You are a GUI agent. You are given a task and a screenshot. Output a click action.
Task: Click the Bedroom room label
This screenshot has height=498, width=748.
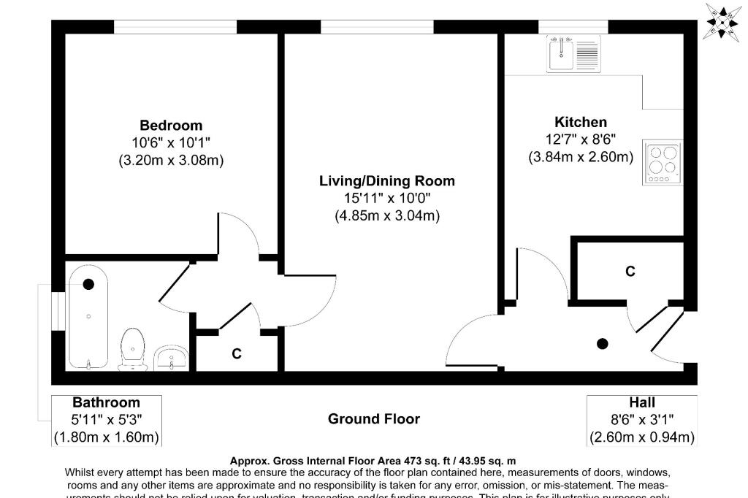click(171, 126)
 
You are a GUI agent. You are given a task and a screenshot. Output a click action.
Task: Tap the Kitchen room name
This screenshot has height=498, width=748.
click(581, 122)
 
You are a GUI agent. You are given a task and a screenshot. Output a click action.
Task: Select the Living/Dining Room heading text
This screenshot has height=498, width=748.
click(387, 181)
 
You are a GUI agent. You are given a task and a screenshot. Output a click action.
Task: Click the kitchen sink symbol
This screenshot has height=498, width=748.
click(574, 53)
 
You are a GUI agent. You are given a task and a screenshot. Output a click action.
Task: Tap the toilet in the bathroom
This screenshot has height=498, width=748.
click(132, 349)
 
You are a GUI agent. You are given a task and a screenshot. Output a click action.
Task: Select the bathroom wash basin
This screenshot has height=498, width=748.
click(172, 357)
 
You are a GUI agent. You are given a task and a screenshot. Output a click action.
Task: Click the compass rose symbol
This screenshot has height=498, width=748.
click(722, 22)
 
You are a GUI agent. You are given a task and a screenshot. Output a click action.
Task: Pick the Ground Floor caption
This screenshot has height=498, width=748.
click(373, 419)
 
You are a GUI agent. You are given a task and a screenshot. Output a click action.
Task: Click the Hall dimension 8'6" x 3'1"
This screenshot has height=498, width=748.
click(642, 420)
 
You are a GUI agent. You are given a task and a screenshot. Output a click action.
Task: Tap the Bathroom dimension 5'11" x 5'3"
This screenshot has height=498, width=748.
click(106, 420)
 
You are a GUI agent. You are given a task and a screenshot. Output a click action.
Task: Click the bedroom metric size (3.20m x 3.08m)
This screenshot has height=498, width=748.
click(171, 161)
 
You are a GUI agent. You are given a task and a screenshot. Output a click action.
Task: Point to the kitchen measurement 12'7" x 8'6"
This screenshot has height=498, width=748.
click(581, 139)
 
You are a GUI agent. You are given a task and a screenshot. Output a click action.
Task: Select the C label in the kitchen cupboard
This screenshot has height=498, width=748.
click(630, 272)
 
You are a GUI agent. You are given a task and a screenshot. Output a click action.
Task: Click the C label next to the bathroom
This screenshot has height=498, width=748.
click(237, 354)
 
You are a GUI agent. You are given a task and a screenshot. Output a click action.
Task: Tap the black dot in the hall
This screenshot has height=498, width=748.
click(603, 344)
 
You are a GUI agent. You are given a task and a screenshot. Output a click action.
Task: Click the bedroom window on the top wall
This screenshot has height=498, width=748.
click(175, 27)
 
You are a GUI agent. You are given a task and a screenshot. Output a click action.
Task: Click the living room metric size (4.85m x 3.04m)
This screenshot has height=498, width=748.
click(387, 216)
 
